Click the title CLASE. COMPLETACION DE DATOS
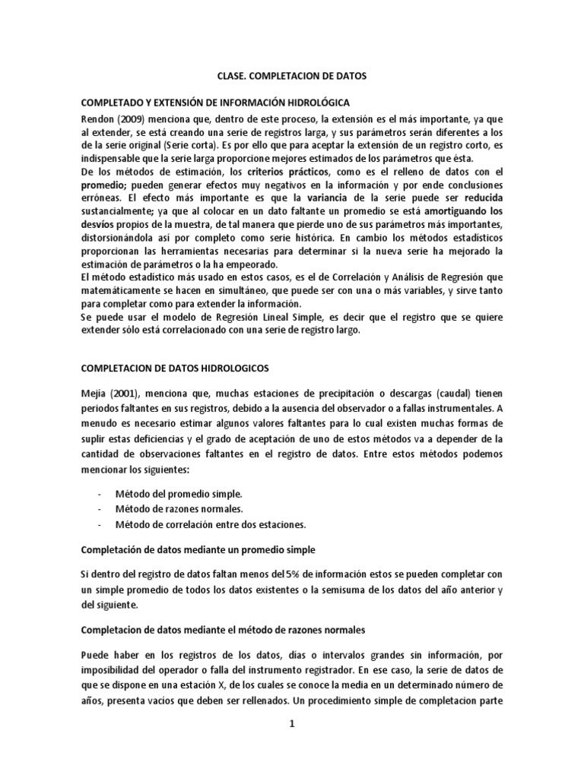(x=291, y=77)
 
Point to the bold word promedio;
(x=104, y=185)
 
